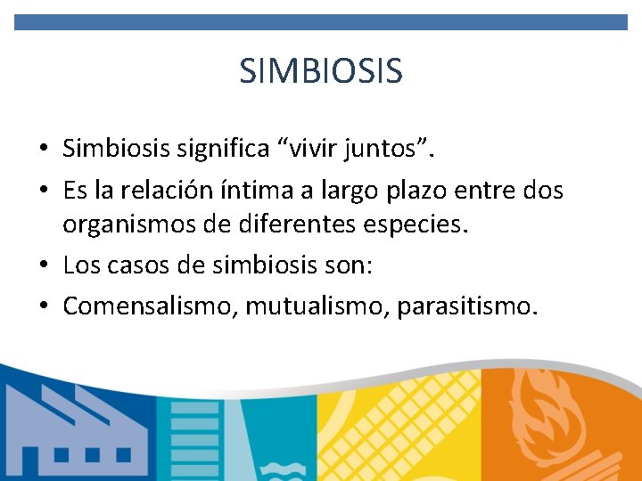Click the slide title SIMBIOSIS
(321, 70)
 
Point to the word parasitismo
(467, 306)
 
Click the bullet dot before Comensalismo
(44, 307)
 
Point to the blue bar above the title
(321, 22)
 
